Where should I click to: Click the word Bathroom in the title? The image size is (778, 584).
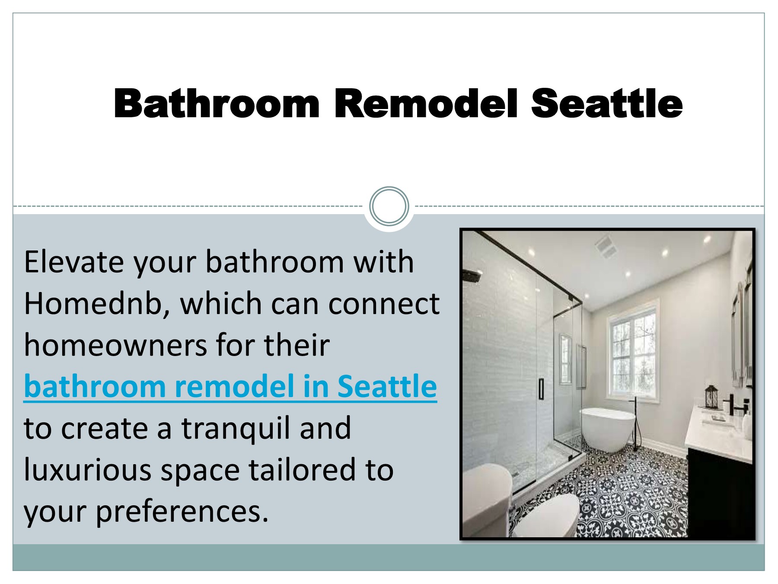pyautogui.click(x=216, y=104)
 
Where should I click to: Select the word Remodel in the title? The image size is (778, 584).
pyautogui.click(x=426, y=104)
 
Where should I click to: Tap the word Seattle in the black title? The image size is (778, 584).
pyautogui.click(x=606, y=104)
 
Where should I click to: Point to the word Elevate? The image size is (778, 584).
pyautogui.click(x=74, y=262)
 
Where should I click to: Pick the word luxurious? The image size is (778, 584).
pyautogui.click(x=87, y=470)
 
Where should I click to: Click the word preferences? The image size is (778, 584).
pyautogui.click(x=182, y=511)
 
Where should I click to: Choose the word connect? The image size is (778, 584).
pyautogui.click(x=384, y=304)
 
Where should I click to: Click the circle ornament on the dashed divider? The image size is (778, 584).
pyautogui.click(x=389, y=206)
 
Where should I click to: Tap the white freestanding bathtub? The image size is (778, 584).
pyautogui.click(x=607, y=428)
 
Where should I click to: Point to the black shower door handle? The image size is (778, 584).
pyautogui.click(x=541, y=388)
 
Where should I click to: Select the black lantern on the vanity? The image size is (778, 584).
pyautogui.click(x=711, y=397)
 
